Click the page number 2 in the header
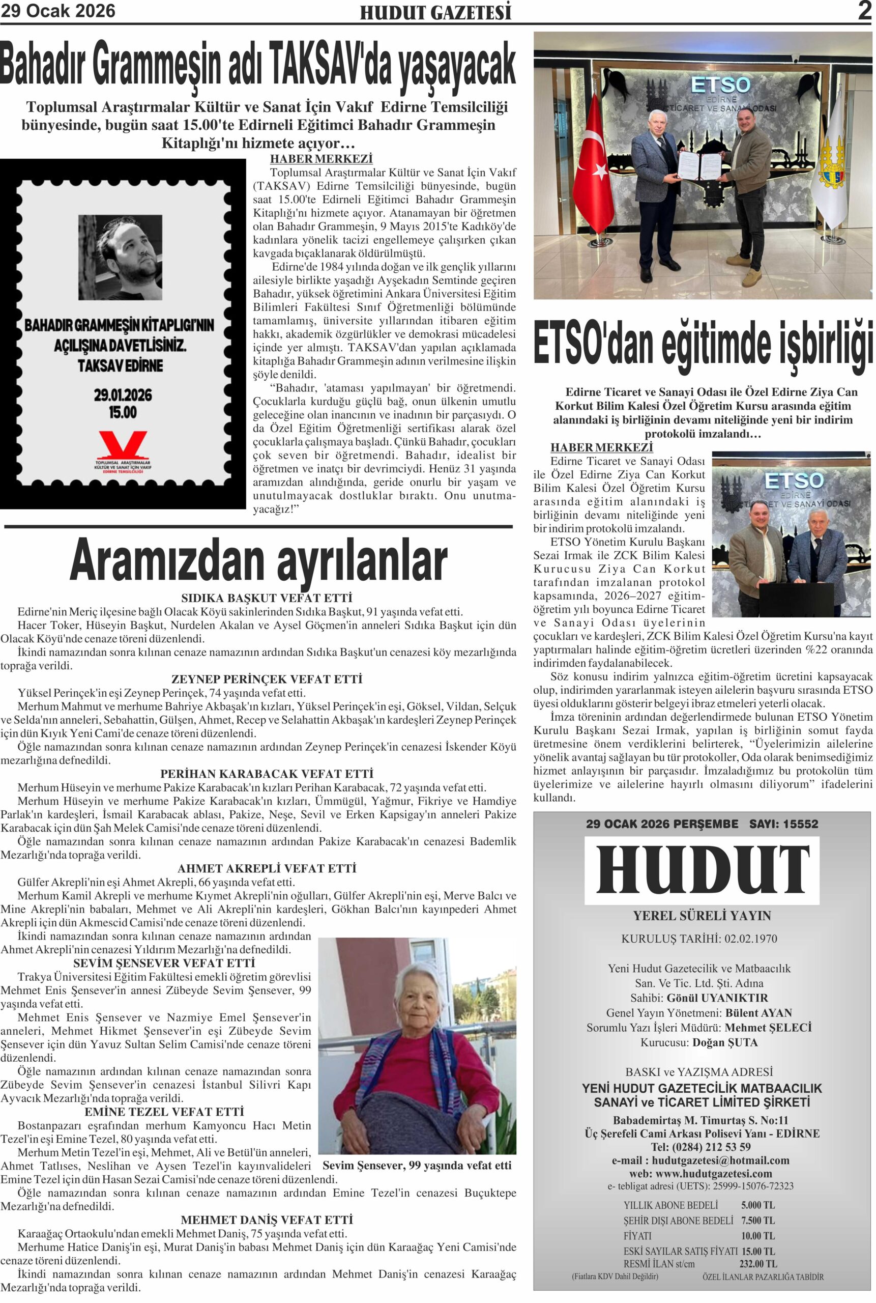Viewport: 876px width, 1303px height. click(864, 11)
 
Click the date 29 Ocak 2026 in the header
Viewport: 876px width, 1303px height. click(57, 11)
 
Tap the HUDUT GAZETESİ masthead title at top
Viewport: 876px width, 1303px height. click(435, 13)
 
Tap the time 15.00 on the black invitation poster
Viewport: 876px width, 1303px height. click(123, 413)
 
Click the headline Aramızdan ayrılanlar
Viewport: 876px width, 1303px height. click(258, 561)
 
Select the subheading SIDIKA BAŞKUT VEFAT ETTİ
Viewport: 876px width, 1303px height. click(267, 598)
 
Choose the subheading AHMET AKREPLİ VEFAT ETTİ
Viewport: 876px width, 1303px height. click(267, 869)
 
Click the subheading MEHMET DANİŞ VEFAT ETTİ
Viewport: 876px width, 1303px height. click(267, 1220)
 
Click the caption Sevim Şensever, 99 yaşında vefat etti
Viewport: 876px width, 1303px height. click(417, 1166)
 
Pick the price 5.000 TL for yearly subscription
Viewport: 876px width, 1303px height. click(757, 1205)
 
